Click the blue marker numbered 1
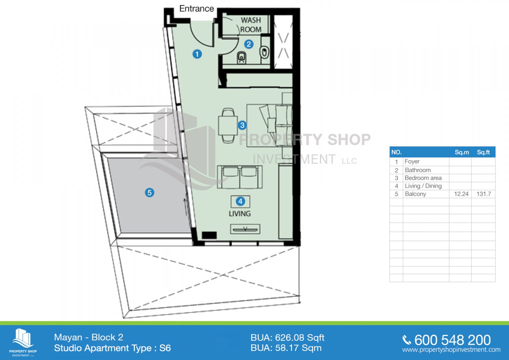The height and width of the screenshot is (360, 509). tap(197, 54)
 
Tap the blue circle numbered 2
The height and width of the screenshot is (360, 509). tap(249, 44)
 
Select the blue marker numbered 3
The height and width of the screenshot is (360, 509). tap(242, 125)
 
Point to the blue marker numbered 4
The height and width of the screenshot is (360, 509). tap(240, 201)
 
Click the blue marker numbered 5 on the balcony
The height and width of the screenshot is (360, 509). tap(150, 193)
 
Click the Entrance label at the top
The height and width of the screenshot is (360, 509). tap(197, 9)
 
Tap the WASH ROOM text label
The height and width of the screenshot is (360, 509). tap(251, 25)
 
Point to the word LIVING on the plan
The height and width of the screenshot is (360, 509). tap(240, 214)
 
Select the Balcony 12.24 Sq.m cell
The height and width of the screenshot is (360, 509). tap(461, 194)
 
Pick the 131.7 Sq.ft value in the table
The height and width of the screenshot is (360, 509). tap(484, 194)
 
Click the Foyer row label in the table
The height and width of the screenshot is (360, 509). tap(412, 161)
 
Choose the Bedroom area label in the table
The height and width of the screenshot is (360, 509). tap(423, 178)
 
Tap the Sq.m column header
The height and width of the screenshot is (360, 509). tap(462, 152)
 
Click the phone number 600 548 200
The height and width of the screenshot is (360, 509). tap(452, 340)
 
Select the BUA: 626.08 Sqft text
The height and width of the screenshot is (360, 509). tap(287, 338)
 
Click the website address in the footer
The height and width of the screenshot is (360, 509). tap(451, 350)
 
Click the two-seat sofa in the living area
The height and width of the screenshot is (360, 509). tap(240, 177)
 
